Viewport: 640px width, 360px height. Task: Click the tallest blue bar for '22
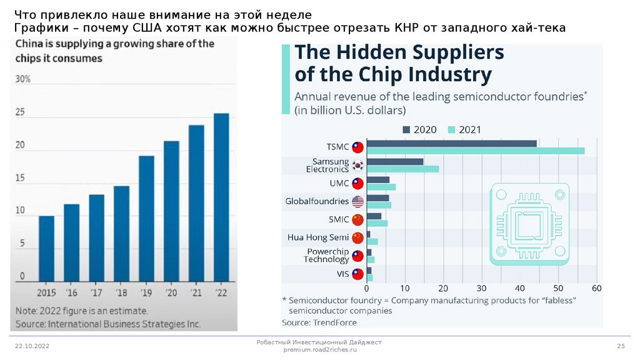click(221, 197)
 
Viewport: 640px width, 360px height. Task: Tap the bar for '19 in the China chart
click(146, 219)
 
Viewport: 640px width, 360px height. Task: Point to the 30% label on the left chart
click(22, 80)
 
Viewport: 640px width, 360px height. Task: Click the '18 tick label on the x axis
click(121, 292)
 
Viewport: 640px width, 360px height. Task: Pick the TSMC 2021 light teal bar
click(475, 151)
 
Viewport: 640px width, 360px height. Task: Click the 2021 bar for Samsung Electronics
click(402, 169)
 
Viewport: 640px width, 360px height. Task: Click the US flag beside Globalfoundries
click(357, 201)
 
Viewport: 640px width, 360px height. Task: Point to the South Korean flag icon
click(357, 166)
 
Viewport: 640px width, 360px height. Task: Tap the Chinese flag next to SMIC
click(357, 219)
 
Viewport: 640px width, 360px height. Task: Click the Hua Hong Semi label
click(317, 237)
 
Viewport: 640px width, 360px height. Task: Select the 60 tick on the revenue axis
click(596, 289)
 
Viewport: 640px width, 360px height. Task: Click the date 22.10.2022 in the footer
click(32, 346)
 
